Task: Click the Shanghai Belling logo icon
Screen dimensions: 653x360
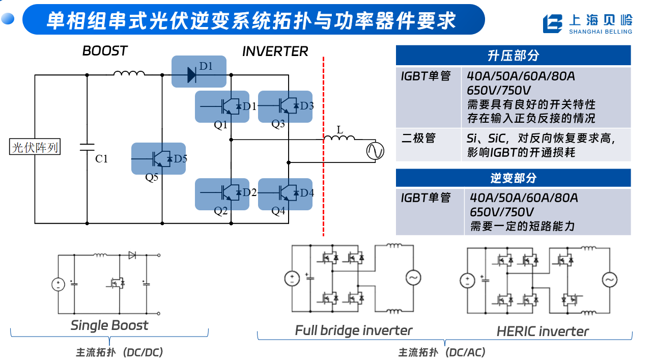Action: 552,23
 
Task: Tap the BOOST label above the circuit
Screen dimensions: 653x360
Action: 105,51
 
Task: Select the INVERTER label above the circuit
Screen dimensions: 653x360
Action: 275,51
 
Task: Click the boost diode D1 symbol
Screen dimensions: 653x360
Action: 191,75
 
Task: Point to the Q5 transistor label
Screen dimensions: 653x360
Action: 152,177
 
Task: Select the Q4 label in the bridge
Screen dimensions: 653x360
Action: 278,211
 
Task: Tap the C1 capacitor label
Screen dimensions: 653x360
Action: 101,159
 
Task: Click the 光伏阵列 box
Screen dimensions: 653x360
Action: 35,147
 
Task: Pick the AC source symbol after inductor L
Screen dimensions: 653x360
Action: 375,151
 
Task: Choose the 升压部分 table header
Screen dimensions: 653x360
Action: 513,56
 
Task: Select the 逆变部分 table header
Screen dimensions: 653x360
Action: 513,178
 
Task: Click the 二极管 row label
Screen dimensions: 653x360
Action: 418,138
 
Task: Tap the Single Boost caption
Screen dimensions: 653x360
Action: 109,325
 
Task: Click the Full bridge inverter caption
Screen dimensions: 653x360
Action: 354,330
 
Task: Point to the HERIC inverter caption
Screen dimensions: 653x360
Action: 543,331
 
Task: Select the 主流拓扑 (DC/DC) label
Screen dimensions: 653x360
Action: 119,352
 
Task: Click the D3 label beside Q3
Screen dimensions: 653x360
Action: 307,105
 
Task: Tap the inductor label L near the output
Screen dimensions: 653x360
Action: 339,130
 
